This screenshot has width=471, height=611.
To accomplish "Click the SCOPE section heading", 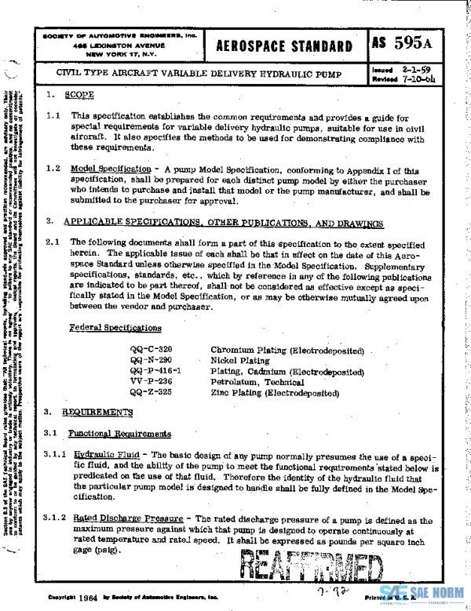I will click(79, 95).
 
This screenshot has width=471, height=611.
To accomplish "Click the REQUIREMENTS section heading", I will click(97, 413).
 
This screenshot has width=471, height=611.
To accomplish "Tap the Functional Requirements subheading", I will click(119, 434).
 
